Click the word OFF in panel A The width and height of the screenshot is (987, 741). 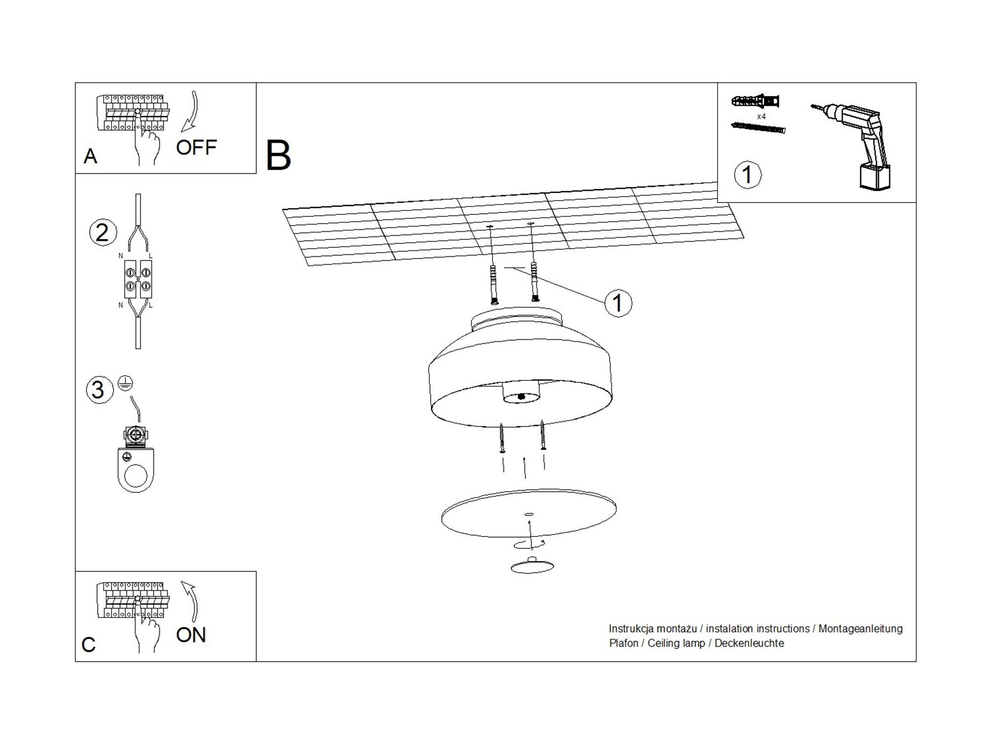[x=196, y=147]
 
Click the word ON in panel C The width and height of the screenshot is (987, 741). [x=190, y=635]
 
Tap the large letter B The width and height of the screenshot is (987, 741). [x=278, y=156]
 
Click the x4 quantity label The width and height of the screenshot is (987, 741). [x=761, y=117]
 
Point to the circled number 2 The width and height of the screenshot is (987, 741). [x=103, y=233]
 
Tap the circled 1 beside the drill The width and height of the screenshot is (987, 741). [x=747, y=174]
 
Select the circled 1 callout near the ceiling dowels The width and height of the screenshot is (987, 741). [x=618, y=303]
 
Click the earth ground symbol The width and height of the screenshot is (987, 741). [x=126, y=383]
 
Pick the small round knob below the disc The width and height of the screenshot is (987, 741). [x=532, y=566]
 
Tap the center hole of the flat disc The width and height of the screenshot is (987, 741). [x=529, y=514]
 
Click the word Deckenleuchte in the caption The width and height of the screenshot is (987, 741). [x=749, y=643]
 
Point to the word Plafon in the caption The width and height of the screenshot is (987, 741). [x=623, y=643]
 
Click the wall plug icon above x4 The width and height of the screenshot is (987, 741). [x=755, y=102]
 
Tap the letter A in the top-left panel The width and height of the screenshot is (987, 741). [x=90, y=156]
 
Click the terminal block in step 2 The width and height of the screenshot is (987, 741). [x=138, y=279]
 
